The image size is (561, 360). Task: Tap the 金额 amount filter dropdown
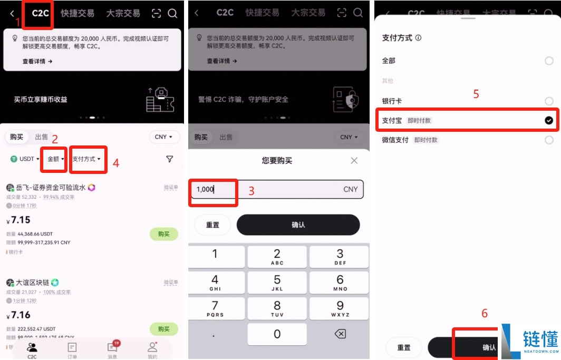(x=55, y=159)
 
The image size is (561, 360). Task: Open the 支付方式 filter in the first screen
(x=86, y=159)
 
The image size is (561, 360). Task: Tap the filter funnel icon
(x=169, y=159)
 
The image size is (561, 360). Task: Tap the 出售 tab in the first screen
(x=42, y=137)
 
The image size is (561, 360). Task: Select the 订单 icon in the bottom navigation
(x=72, y=348)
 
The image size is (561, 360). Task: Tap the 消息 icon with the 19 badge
(x=112, y=348)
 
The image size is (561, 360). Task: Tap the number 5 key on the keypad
(x=277, y=282)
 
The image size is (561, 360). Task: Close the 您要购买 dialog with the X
(x=354, y=161)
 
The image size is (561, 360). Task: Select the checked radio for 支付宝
(x=549, y=121)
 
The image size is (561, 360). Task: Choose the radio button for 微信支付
(x=549, y=140)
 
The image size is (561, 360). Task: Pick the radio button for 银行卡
(x=549, y=101)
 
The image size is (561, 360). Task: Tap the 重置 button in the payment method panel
(x=404, y=347)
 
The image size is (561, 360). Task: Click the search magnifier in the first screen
(x=172, y=14)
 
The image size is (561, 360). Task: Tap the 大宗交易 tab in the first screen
(x=123, y=14)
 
